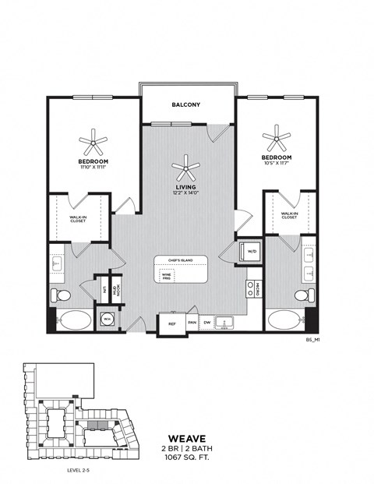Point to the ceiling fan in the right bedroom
coord(276,141)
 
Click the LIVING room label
coord(186,188)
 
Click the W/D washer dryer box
coord(252,252)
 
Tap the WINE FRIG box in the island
coord(167,275)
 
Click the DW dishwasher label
coord(206,321)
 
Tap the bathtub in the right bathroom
coord(285,320)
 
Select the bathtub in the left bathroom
coord(72,320)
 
